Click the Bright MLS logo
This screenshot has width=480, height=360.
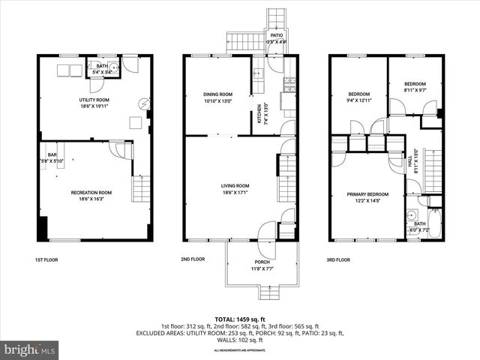[x=30, y=349]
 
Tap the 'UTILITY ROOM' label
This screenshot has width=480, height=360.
[x=95, y=100]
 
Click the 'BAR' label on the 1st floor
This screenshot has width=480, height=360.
[x=52, y=154]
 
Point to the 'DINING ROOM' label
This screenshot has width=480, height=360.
[x=217, y=94]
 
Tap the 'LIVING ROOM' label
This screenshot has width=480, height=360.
[x=235, y=185]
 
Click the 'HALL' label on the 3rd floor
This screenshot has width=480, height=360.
[x=409, y=160]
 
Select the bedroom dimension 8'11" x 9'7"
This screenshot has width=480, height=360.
[x=415, y=90]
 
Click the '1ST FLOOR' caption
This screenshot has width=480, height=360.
[x=46, y=259]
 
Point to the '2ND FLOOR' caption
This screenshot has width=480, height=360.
[x=193, y=259]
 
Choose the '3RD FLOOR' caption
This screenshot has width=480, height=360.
[x=338, y=259]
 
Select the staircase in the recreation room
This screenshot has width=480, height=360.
[x=141, y=188]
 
